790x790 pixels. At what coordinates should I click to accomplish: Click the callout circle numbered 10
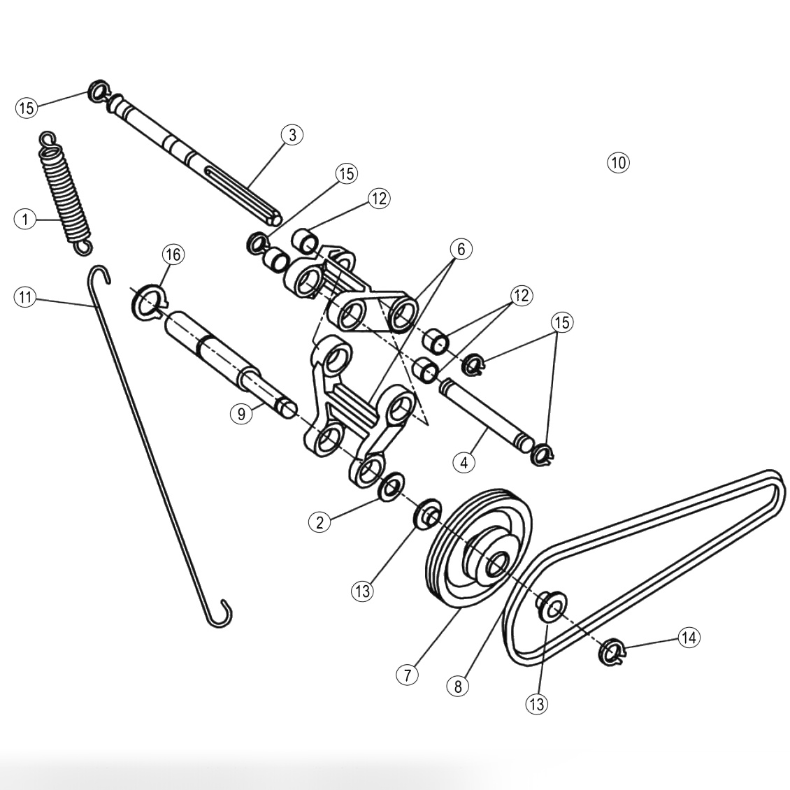pyautogui.click(x=618, y=162)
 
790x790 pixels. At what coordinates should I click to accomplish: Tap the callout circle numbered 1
pyautogui.click(x=24, y=219)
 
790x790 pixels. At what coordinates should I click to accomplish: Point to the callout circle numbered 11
pyautogui.click(x=24, y=297)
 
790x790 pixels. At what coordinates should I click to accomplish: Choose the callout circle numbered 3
pyautogui.click(x=292, y=134)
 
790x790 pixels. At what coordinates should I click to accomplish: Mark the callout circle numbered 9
pyautogui.click(x=241, y=414)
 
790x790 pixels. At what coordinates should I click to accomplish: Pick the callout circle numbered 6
pyautogui.click(x=461, y=249)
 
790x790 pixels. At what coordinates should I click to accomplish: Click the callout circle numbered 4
pyautogui.click(x=464, y=461)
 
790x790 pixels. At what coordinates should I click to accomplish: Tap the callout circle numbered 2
pyautogui.click(x=319, y=522)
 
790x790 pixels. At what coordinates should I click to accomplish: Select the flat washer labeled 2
pyautogui.click(x=392, y=486)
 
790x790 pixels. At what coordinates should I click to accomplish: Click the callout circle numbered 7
pyautogui.click(x=407, y=675)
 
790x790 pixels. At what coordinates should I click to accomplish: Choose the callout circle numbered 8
pyautogui.click(x=458, y=686)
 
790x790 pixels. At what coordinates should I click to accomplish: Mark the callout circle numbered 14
pyautogui.click(x=689, y=637)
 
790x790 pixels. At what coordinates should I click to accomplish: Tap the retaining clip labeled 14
pyautogui.click(x=612, y=652)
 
